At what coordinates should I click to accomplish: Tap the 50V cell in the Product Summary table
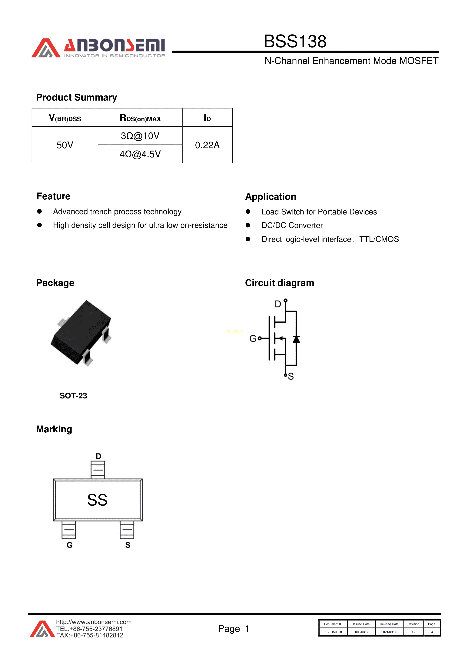[65, 145]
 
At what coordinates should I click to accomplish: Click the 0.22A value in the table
[207, 145]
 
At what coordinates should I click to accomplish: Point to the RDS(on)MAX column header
[140, 118]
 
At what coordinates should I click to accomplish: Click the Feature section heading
[53, 196]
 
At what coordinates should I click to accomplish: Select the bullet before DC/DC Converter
[248, 225]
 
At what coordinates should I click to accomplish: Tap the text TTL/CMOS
[379, 239]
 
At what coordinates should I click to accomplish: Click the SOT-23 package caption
[73, 396]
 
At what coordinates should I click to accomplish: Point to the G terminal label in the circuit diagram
[253, 338]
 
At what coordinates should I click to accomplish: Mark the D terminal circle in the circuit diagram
[285, 300]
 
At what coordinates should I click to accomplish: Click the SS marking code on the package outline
[98, 500]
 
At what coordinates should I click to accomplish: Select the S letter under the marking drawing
[128, 545]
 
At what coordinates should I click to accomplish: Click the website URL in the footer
[94, 622]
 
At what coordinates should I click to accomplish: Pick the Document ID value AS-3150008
[333, 632]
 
